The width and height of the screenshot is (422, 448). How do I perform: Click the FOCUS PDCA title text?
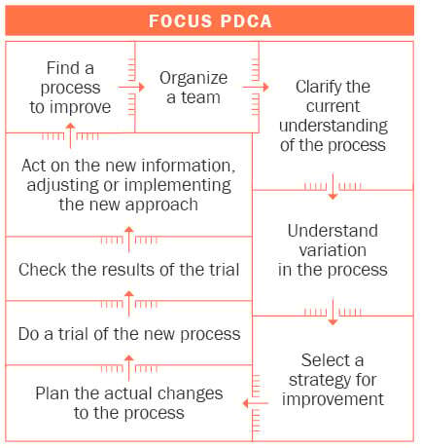click(x=210, y=21)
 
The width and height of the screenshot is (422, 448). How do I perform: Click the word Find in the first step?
click(x=62, y=68)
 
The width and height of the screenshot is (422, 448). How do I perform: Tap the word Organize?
click(x=193, y=79)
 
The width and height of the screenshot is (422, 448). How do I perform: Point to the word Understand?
click(x=333, y=231)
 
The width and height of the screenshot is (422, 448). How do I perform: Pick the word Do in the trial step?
click(x=31, y=334)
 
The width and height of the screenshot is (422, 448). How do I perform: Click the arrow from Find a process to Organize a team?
click(x=131, y=87)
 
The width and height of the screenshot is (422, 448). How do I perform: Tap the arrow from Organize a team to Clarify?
click(x=256, y=87)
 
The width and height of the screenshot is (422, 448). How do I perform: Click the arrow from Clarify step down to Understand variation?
click(x=333, y=186)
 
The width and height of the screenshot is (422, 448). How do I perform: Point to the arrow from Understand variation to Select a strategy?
click(x=333, y=312)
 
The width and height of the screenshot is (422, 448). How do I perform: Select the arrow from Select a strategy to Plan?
click(x=256, y=403)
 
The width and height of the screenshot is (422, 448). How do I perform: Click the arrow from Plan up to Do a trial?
click(x=129, y=368)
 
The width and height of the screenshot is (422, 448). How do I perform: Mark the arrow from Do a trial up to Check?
click(x=129, y=304)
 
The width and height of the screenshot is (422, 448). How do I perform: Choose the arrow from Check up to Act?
click(x=129, y=240)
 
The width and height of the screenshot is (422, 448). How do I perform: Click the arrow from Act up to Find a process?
click(x=70, y=135)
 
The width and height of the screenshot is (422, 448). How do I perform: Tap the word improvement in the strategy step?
click(x=333, y=399)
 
